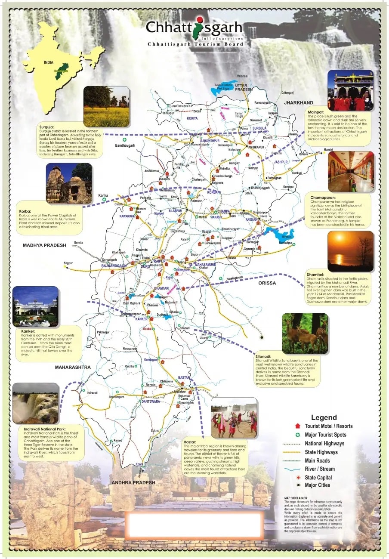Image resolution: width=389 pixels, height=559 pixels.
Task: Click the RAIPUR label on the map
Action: [x=160, y=261]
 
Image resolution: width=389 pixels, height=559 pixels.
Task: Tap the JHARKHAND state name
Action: [x=298, y=103]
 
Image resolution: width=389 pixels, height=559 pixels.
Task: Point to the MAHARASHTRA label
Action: [x=73, y=367]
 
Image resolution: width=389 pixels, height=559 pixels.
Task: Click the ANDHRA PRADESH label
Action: [x=133, y=482]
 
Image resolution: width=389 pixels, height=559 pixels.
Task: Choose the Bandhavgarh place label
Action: [x=125, y=146]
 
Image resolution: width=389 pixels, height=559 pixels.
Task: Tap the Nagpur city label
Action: [x=68, y=263]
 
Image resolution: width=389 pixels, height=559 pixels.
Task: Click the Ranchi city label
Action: [x=328, y=150]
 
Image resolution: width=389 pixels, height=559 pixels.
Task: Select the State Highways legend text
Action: [x=321, y=452]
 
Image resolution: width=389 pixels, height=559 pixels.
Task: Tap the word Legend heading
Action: [x=324, y=417]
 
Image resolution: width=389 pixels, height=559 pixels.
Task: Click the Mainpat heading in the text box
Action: [x=316, y=112]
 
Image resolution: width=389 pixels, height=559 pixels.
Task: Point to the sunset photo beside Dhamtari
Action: [x=350, y=251]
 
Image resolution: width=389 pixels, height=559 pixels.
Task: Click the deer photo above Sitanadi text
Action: [x=304, y=333]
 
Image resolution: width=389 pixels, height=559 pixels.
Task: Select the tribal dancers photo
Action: [x=234, y=417]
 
